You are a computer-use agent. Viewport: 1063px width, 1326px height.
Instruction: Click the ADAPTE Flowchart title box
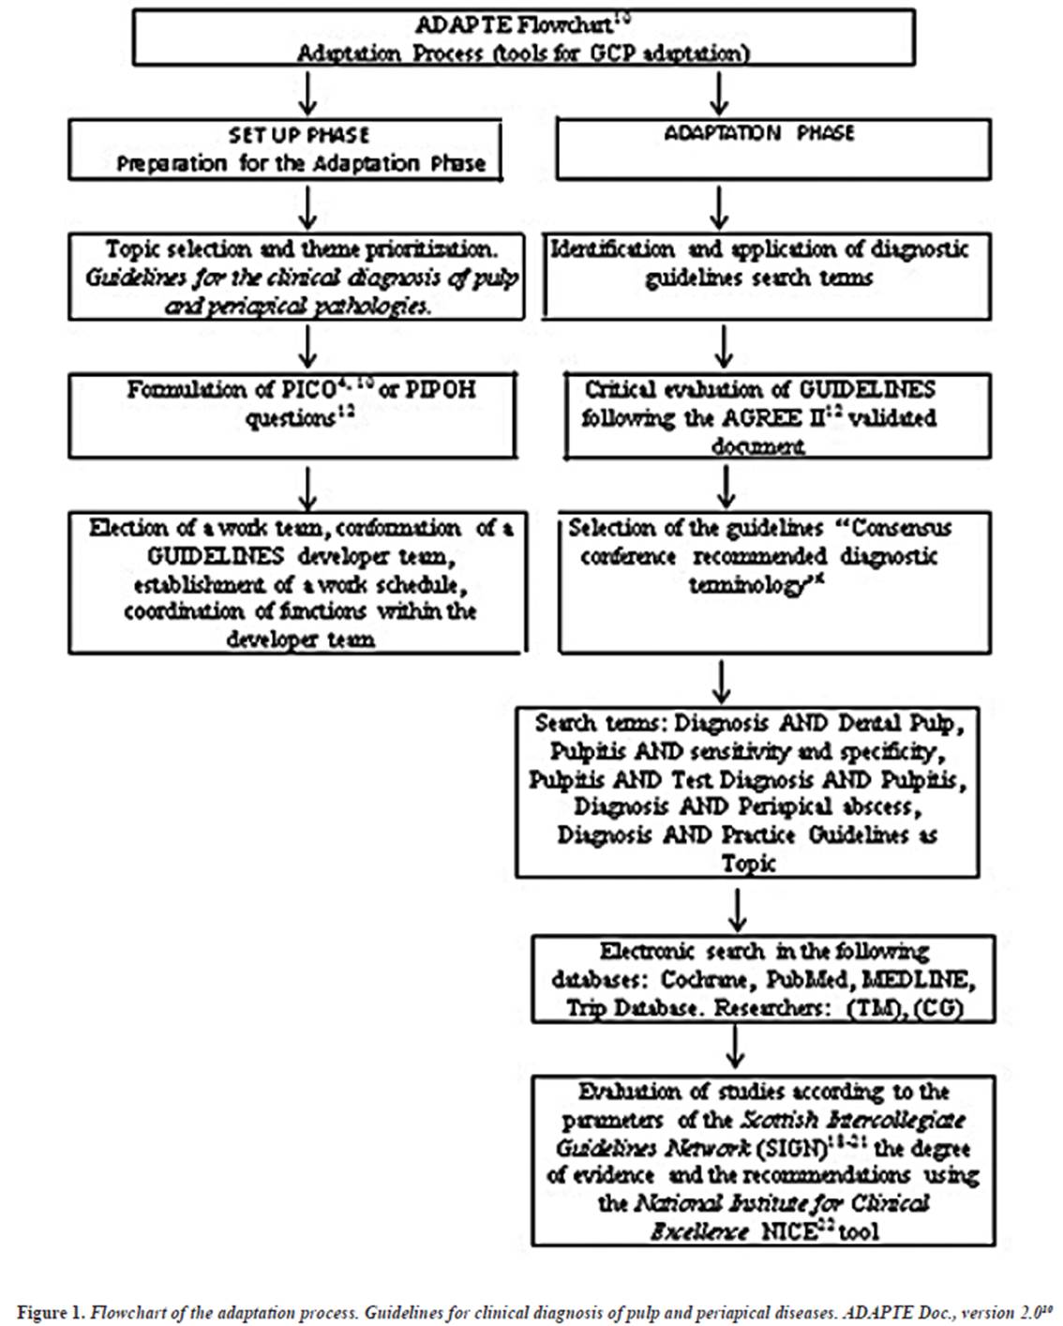(523, 38)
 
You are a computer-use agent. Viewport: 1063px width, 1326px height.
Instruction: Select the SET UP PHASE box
(285, 149)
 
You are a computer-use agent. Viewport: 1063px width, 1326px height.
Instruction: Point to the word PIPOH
(440, 389)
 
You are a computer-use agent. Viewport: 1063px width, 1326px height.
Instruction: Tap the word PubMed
(807, 980)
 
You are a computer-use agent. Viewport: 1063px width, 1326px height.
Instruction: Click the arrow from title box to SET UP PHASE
(307, 93)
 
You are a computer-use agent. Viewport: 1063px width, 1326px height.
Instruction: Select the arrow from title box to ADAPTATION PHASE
(720, 93)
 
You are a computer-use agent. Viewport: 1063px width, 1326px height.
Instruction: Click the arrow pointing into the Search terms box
(722, 681)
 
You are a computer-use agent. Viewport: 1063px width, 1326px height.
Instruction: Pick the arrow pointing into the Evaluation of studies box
(737, 1047)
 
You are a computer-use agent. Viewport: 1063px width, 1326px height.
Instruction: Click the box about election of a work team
(297, 582)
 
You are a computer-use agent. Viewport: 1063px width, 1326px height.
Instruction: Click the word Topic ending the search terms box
(748, 863)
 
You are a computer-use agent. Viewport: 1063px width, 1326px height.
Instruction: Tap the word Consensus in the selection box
(901, 528)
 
